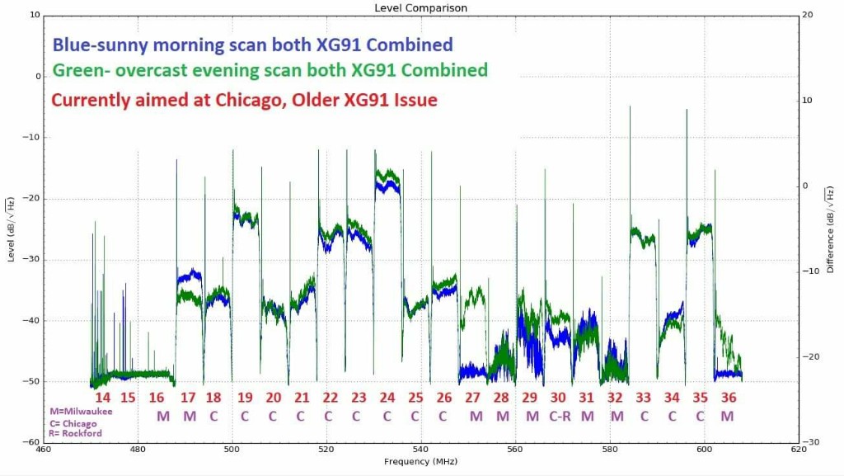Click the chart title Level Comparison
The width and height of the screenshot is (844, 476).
420,8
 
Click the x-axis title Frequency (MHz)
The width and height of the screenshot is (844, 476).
420,461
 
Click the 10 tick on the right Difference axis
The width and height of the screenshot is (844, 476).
807,101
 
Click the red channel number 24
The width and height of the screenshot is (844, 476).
387,398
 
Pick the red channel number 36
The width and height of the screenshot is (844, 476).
728,398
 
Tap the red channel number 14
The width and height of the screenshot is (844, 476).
102,398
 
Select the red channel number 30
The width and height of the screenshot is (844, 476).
558,398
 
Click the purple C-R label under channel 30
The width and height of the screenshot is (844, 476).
560,416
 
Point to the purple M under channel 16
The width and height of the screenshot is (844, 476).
162,416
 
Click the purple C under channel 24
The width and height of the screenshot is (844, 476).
387,416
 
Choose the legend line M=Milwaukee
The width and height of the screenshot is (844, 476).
82,411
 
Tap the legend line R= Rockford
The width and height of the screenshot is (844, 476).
75,432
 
